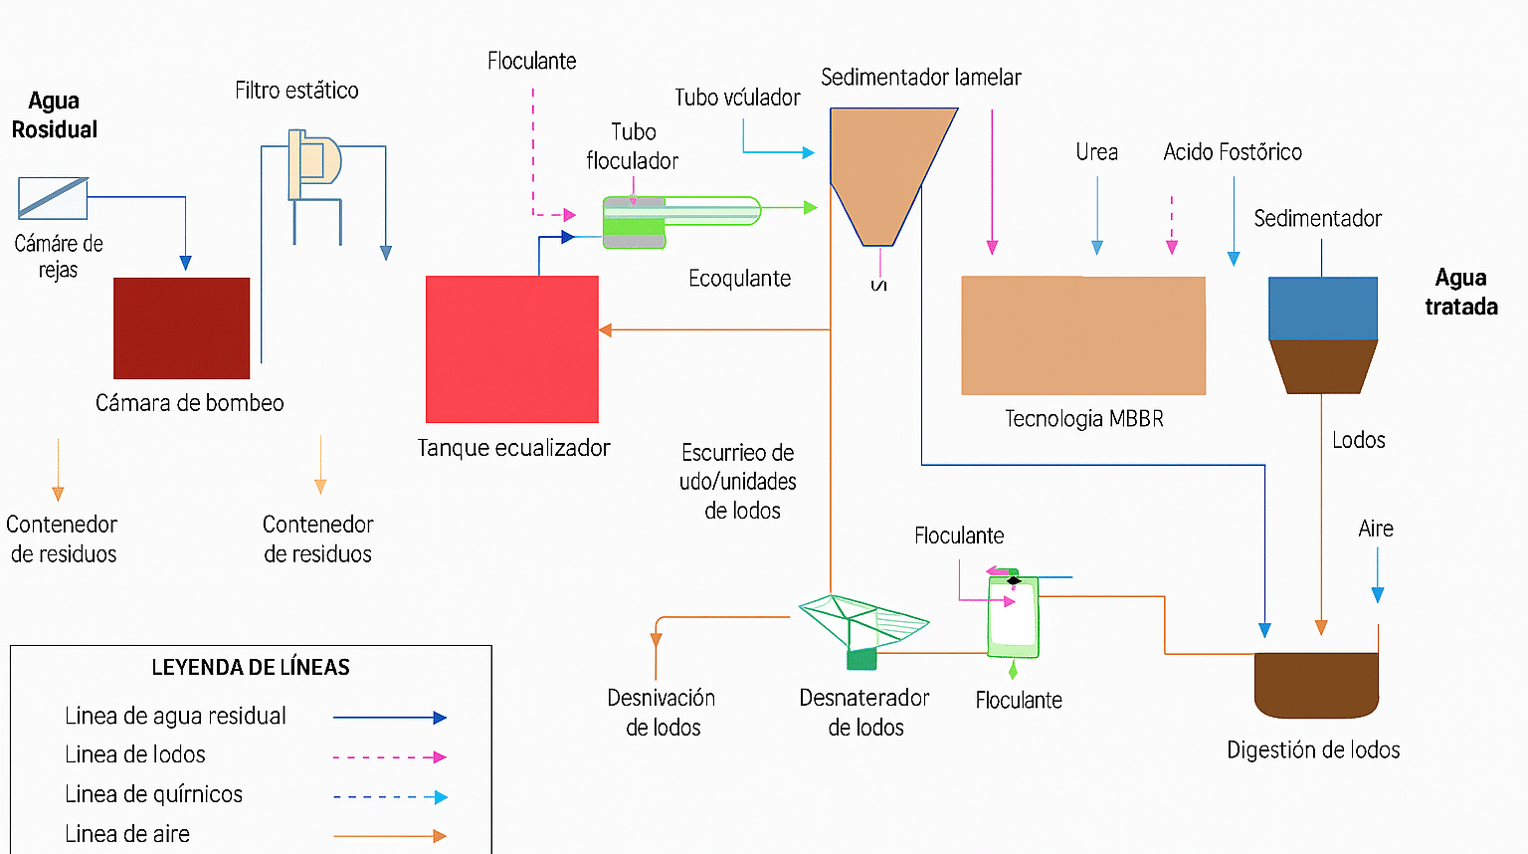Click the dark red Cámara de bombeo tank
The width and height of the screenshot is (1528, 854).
pyautogui.click(x=181, y=327)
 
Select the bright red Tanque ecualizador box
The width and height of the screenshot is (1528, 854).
pyautogui.click(x=511, y=348)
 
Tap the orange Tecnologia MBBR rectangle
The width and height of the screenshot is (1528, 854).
pyautogui.click(x=1083, y=335)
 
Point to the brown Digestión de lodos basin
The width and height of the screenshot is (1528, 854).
pyautogui.click(x=1316, y=685)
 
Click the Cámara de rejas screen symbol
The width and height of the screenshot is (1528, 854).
pyautogui.click(x=53, y=198)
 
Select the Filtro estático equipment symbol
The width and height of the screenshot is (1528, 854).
pyautogui.click(x=312, y=164)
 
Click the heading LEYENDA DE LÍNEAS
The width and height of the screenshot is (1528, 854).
pyautogui.click(x=251, y=667)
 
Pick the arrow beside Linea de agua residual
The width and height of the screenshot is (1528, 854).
pyautogui.click(x=390, y=717)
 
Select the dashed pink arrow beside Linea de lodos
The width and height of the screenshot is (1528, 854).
pyautogui.click(x=390, y=756)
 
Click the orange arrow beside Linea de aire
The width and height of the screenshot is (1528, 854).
pyautogui.click(x=390, y=836)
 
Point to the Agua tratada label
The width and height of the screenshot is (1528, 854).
pyautogui.click(x=1460, y=292)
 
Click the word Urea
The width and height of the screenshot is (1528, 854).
pyautogui.click(x=1096, y=152)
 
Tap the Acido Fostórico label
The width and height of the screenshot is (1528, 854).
pyautogui.click(x=1232, y=152)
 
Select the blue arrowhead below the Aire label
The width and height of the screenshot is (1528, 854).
pyautogui.click(x=1378, y=594)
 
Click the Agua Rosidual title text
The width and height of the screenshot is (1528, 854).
pyautogui.click(x=54, y=115)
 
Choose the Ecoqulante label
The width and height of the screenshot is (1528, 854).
pyautogui.click(x=739, y=279)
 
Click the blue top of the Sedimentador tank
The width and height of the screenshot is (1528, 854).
pyautogui.click(x=1322, y=309)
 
